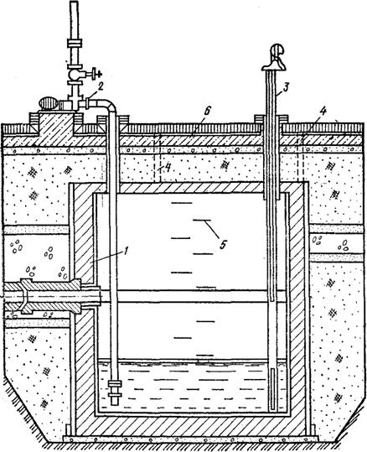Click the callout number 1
coord(125,252)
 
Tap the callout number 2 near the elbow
coord(100,86)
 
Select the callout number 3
coord(285,87)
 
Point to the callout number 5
coord(222,245)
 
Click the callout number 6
coord(208,112)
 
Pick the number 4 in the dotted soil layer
coord(168,168)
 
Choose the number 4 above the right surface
coord(323,112)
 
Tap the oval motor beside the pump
coord(49,103)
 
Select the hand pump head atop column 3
coord(275,58)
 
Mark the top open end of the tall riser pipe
coord(75,2)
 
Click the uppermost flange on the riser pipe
coord(75,44)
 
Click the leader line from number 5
coord(210,230)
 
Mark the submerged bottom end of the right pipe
coord(273,409)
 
